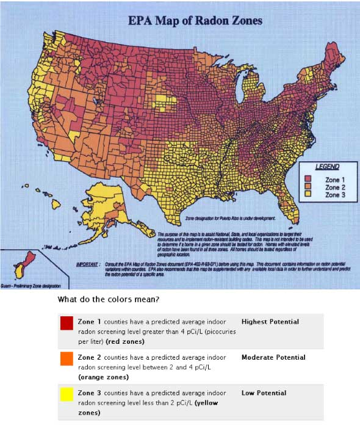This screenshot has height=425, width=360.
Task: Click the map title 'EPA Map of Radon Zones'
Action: (x=195, y=21)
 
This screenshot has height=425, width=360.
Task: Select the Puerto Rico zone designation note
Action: (x=229, y=217)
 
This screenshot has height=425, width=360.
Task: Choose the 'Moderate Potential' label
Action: (x=273, y=357)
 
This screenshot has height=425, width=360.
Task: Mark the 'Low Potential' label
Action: (x=264, y=393)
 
